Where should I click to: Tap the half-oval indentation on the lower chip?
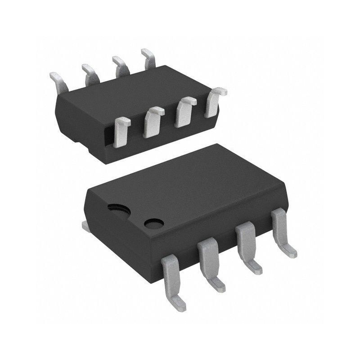pyautogui.click(x=118, y=208)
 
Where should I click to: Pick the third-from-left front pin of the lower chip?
pyautogui.click(x=246, y=246)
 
